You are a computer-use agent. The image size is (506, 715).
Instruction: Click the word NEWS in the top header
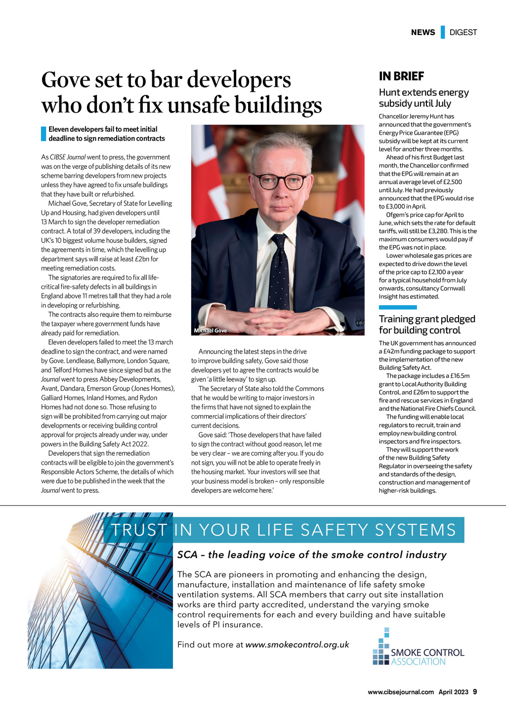pos(423,33)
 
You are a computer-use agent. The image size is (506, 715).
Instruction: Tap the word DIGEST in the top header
pos(463,33)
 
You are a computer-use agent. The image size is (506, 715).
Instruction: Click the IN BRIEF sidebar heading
pos(401,76)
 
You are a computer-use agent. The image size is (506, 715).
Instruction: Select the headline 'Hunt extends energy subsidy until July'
pos(423,98)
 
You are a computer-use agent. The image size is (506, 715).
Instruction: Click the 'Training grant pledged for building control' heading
pos(426,324)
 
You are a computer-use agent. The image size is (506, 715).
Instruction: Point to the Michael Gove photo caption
pos(211,330)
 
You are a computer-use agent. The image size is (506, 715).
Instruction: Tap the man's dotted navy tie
pos(278,272)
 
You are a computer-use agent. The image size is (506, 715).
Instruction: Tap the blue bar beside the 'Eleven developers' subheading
pos(43,134)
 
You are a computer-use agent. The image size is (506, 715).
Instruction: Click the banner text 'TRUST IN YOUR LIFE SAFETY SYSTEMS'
pos(283,530)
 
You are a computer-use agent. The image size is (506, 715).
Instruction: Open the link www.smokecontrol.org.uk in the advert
pos(297,644)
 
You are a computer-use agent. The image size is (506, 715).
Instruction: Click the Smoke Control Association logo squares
pos(381,648)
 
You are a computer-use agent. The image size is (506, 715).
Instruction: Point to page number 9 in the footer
pos(475,692)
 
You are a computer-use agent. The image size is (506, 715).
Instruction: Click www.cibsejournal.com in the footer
pos(401,692)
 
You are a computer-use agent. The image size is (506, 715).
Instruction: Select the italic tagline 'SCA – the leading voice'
pos(311,555)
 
